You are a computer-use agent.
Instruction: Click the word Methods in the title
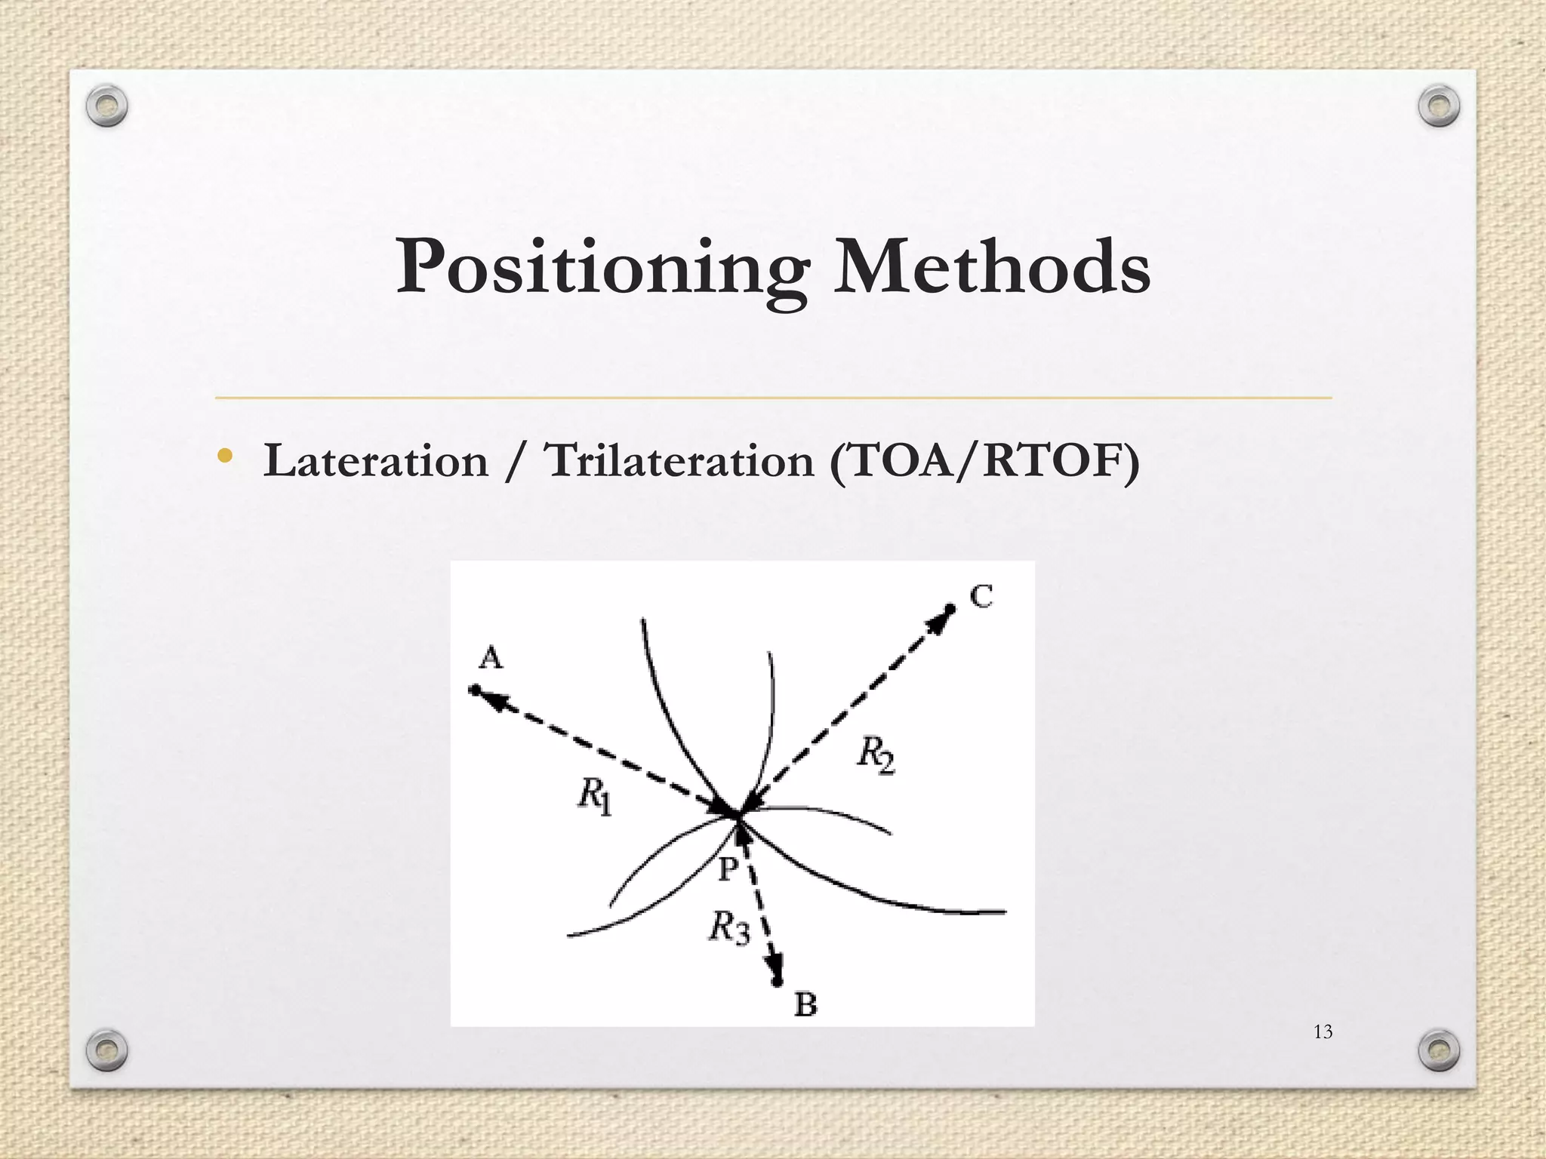[x=990, y=266]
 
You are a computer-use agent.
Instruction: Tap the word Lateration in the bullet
[x=375, y=461]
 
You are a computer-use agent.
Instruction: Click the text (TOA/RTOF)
[x=984, y=461]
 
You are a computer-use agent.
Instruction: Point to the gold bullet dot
[x=224, y=456]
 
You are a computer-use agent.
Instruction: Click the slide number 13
[x=1323, y=1032]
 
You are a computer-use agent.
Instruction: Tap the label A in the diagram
[x=491, y=659]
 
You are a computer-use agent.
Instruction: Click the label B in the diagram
[x=805, y=1004]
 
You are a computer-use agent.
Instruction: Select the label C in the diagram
[x=981, y=597]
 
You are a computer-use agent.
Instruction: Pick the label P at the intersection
[x=727, y=869]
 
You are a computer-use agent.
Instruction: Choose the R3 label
[x=728, y=927]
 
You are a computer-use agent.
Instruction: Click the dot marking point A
[x=474, y=690]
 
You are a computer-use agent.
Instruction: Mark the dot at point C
[x=950, y=609]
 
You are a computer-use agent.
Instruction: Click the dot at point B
[x=777, y=982]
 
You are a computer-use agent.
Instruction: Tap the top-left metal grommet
[x=106, y=106]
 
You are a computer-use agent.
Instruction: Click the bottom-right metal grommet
[x=1439, y=1049]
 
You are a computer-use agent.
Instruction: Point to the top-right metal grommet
[x=1439, y=106]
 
